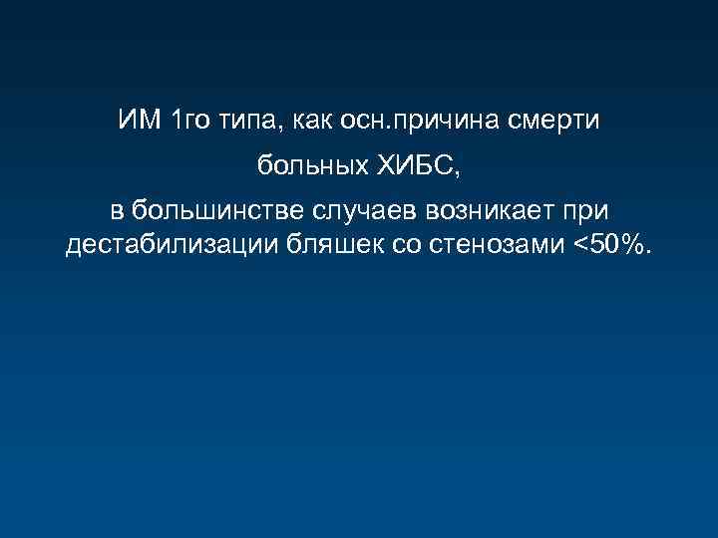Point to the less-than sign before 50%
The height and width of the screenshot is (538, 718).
[x=579, y=246]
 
